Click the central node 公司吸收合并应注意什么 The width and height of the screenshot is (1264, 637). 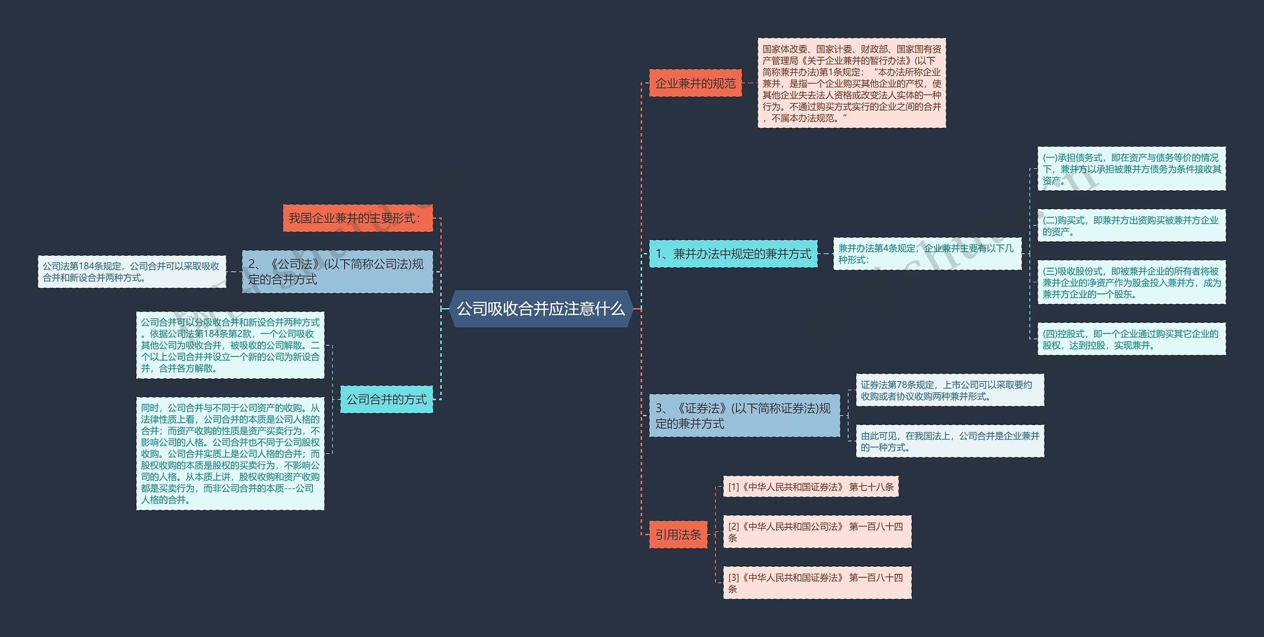coord(541,309)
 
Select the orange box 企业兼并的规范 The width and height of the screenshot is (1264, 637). coord(695,83)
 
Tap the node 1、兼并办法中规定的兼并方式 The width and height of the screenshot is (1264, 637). coord(733,254)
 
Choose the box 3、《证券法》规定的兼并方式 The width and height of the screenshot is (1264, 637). coord(744,415)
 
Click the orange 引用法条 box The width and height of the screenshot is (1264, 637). coord(678,534)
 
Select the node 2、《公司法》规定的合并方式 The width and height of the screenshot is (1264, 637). coord(337,272)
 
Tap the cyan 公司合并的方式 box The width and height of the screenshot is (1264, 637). coord(386,399)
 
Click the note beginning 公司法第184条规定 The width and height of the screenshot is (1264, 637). coord(132,272)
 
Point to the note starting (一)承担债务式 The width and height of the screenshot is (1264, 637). coord(1131,169)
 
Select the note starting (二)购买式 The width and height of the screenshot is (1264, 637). coord(1131,226)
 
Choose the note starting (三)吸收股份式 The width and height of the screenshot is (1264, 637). coord(1131,282)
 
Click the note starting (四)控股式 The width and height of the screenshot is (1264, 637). coord(1131,339)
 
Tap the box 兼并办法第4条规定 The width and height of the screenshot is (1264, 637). coord(927,254)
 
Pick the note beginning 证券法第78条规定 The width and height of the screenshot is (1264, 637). coord(949,390)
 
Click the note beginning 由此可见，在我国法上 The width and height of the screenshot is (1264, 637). coord(949,441)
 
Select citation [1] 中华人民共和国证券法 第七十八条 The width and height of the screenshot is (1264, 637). coord(810,486)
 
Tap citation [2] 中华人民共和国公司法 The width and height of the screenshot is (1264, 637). coord(817,532)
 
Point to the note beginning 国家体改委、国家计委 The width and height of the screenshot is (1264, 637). coord(852,83)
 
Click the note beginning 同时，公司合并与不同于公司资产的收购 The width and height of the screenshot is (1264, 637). coord(230,453)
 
